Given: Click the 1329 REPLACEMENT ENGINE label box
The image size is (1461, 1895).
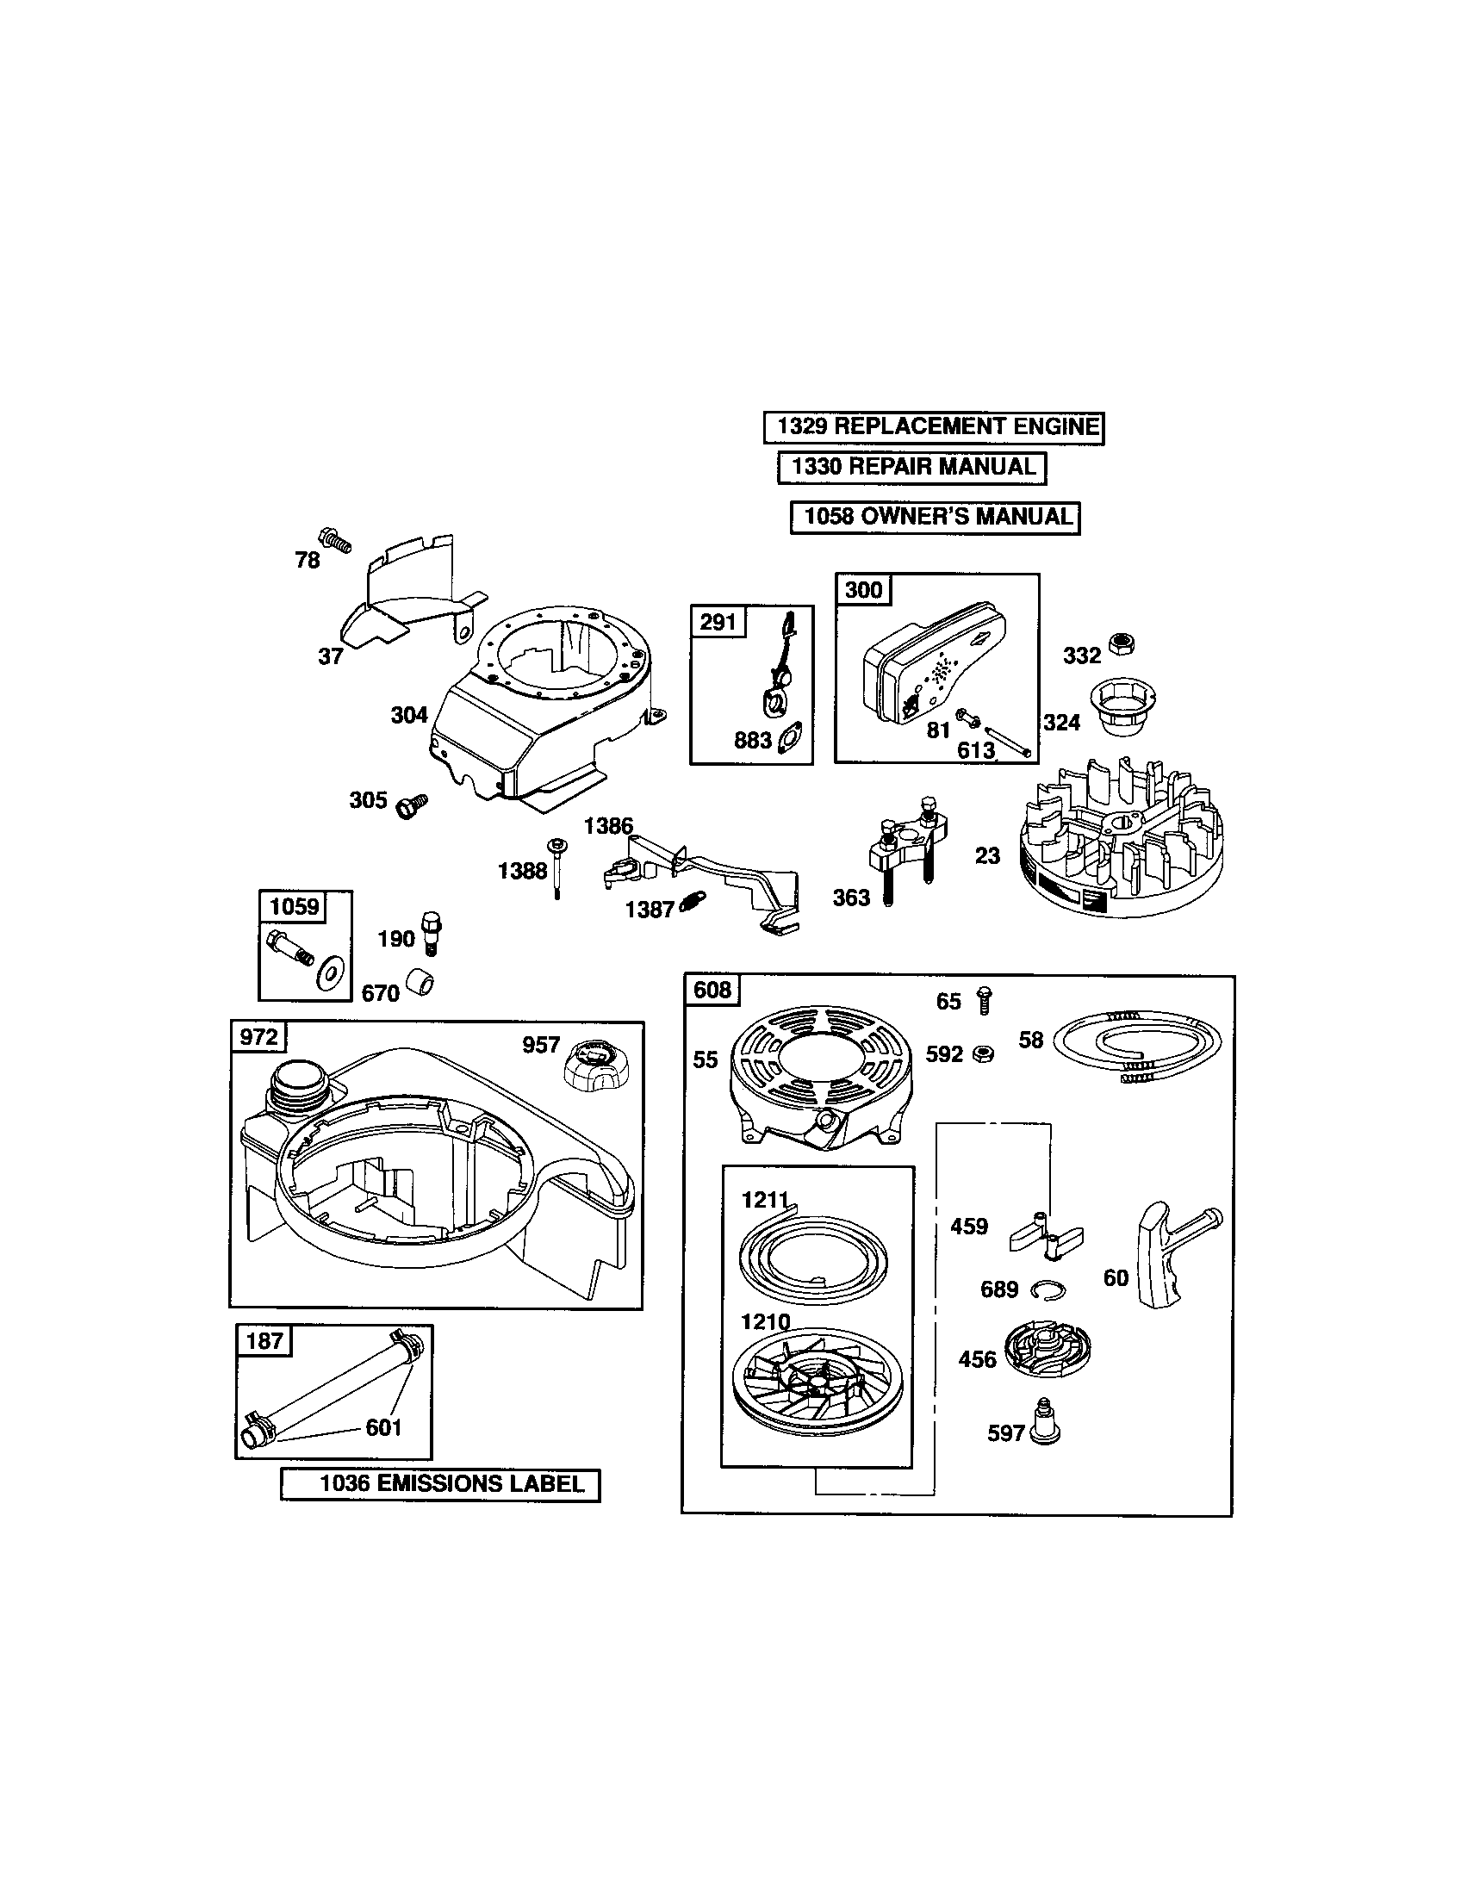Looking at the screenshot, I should (x=934, y=427).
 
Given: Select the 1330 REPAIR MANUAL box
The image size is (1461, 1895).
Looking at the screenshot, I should (x=911, y=467).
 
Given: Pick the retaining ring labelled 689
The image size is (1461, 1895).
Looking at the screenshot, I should (x=1048, y=1291).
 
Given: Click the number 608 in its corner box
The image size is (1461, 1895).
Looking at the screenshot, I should (x=712, y=990).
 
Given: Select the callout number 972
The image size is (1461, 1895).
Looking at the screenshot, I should (x=258, y=1037).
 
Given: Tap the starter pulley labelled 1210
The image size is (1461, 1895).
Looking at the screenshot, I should (x=816, y=1382).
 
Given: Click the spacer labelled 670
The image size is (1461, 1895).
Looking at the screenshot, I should (x=420, y=985).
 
